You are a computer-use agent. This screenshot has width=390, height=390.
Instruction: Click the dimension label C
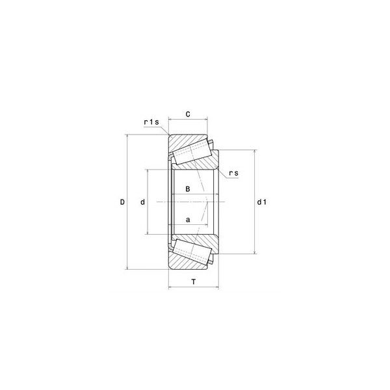[x=188, y=114]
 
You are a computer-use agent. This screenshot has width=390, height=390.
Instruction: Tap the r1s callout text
[x=151, y=122]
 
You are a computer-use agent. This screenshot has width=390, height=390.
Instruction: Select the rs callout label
[x=233, y=173]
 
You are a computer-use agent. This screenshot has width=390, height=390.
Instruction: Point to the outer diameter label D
[x=122, y=202]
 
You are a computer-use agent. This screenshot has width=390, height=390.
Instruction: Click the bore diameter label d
[x=142, y=202]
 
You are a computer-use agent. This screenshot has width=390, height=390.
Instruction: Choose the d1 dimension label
[x=262, y=202]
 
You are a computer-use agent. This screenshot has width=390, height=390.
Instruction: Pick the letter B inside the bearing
[x=188, y=189]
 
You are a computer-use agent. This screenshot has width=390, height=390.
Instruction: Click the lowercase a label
[x=188, y=220]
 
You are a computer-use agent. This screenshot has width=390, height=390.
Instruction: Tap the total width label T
[x=194, y=282]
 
